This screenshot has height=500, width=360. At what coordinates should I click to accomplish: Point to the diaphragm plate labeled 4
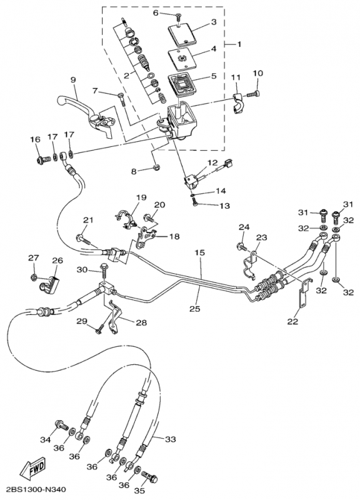click(182, 58)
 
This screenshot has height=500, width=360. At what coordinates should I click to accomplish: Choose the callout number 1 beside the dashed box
click(239, 44)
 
